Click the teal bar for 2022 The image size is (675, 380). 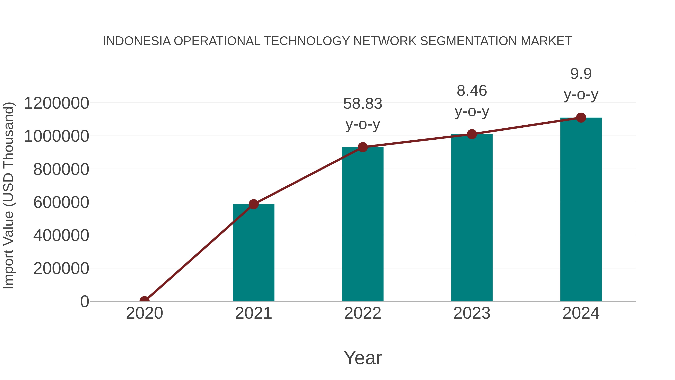[363, 224]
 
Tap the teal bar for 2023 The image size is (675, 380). [472, 218]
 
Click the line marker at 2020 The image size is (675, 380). [144, 301]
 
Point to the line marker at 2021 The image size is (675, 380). [253, 204]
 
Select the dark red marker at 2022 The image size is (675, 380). [363, 147]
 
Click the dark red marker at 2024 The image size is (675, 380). [581, 118]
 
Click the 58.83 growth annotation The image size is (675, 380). [363, 104]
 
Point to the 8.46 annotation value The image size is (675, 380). [472, 91]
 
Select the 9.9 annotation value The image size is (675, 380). [581, 74]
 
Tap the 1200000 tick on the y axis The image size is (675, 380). [56, 103]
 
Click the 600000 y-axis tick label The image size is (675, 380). [61, 202]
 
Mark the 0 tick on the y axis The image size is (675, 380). [85, 302]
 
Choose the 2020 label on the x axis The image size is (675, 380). [144, 313]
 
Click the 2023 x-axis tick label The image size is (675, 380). [472, 313]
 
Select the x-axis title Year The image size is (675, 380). [363, 358]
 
